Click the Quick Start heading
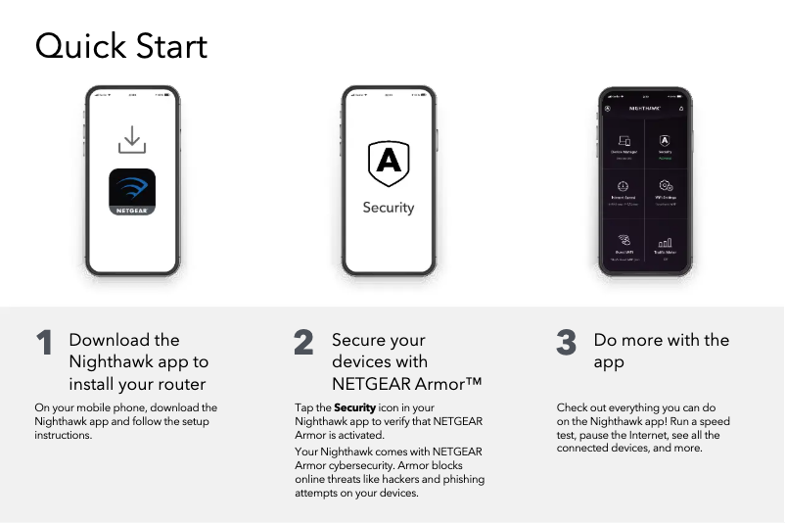121,46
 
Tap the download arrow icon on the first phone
132,139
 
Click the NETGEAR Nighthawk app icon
132,192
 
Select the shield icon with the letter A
388,164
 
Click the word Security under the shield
388,208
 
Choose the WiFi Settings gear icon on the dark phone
666,187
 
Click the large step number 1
44,343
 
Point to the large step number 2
303,343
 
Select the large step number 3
566,343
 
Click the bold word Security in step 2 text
354,407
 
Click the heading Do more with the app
661,351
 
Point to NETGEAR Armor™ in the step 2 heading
406,383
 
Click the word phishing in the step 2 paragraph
459,479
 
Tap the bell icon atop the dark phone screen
681,108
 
